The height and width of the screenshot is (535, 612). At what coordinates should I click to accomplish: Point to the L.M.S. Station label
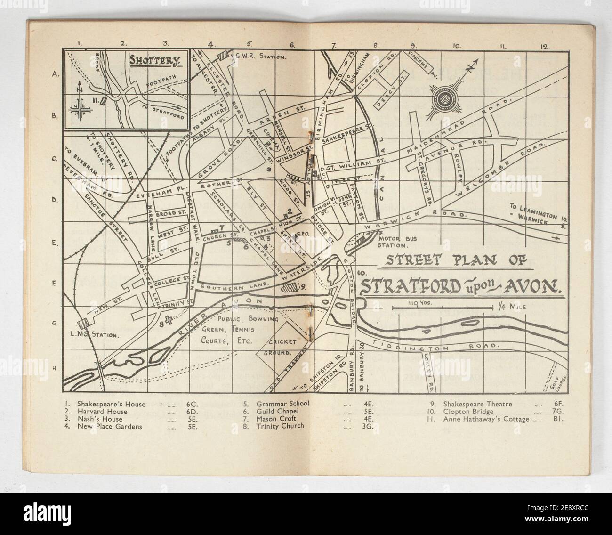[90, 335]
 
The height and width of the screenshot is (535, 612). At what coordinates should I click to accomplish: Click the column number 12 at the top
[545, 46]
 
